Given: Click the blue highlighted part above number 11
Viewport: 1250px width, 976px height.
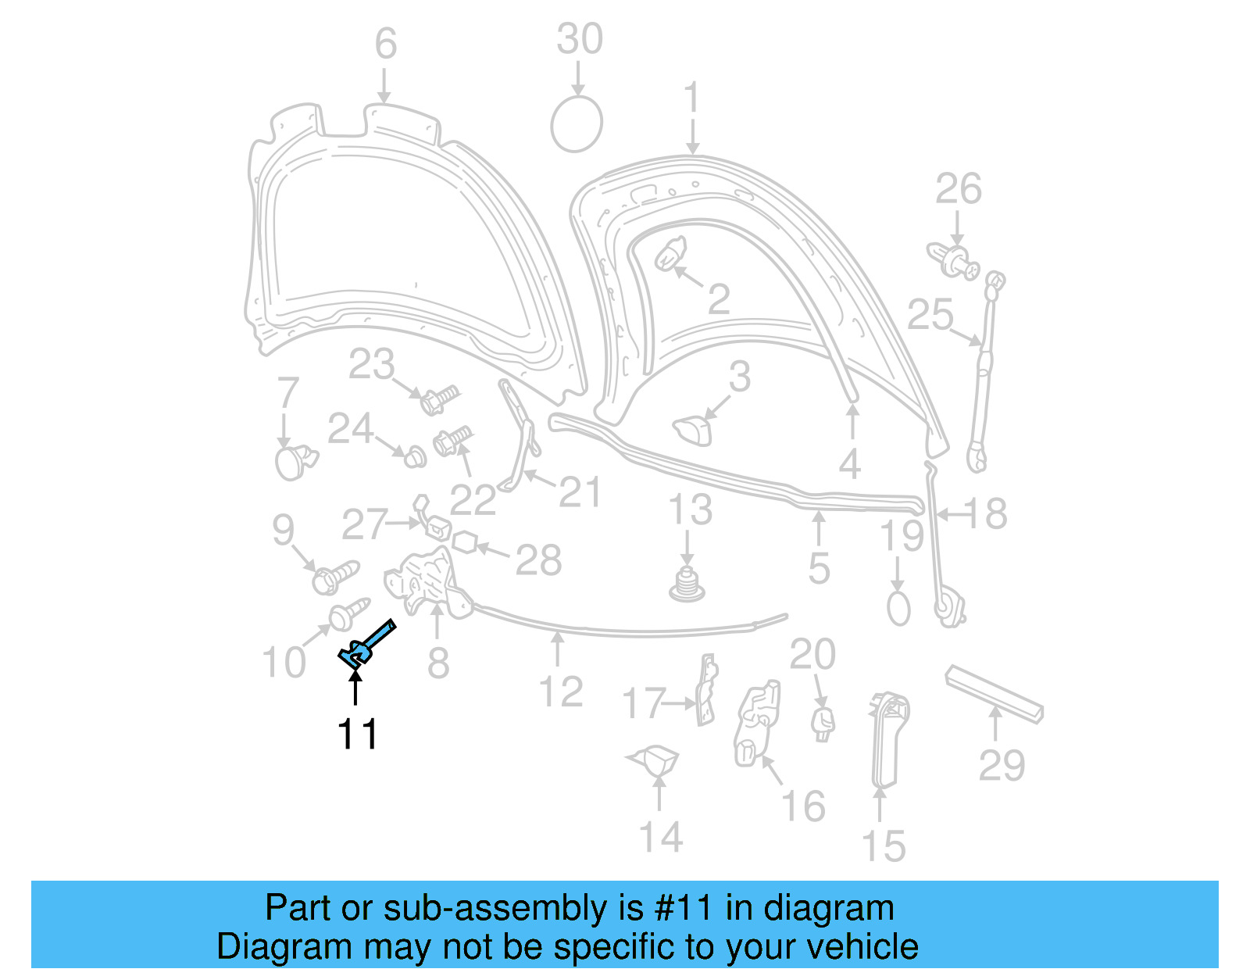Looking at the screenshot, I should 364,644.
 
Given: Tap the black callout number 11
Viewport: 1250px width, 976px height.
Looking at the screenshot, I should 357,734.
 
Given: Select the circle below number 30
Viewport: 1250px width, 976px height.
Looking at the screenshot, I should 577,124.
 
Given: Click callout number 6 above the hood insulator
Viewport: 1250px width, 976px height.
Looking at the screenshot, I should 385,44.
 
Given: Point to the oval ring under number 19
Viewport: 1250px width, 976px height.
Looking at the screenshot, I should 898,608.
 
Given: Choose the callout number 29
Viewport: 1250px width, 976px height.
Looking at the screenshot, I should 1002,765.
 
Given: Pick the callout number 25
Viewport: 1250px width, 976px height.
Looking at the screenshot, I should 930,315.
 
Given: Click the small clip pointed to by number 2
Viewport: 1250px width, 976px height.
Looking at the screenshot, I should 670,255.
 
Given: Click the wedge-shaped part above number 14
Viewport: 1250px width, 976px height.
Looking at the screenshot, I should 656,759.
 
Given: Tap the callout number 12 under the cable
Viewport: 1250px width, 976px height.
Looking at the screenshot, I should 561,692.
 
